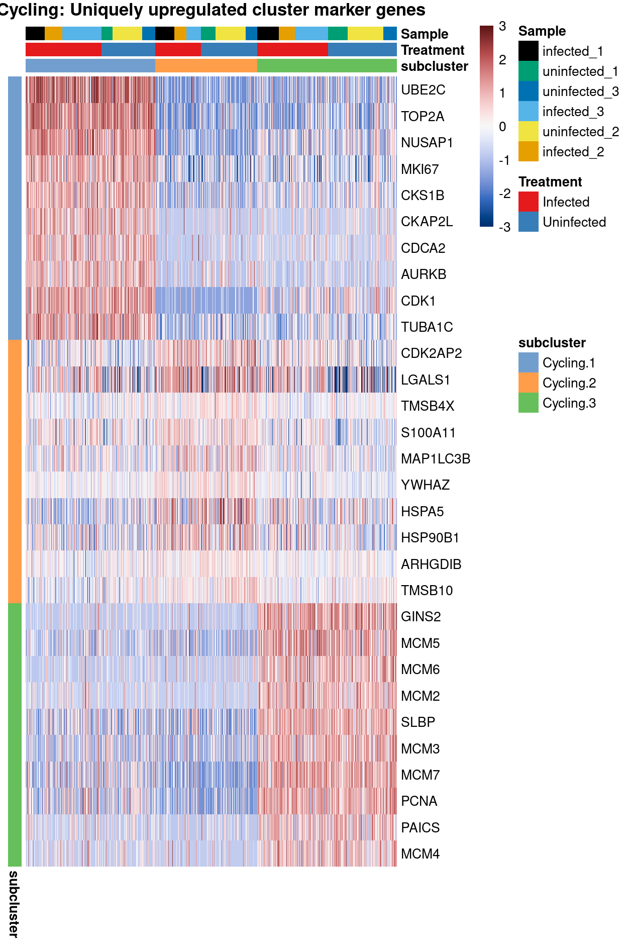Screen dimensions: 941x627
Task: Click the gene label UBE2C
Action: click(423, 90)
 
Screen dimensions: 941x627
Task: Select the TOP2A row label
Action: click(423, 117)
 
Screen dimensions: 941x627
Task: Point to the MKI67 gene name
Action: click(420, 169)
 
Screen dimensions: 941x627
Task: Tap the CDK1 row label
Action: click(418, 301)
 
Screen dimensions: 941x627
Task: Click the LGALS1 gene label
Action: click(426, 380)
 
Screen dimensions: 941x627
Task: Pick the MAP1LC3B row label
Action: click(436, 459)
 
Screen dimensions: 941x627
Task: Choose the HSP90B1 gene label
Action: click(430, 538)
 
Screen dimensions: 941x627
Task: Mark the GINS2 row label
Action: click(421, 617)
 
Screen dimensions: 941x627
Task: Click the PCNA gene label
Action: click(419, 801)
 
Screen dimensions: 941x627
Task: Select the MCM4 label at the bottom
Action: click(420, 854)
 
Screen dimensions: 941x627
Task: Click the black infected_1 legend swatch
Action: click(529, 51)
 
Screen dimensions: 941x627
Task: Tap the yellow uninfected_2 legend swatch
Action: click(529, 132)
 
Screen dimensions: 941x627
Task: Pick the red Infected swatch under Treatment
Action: click(529, 202)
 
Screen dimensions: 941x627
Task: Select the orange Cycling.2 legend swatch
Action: click(529, 383)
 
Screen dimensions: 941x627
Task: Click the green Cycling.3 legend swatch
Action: click(529, 403)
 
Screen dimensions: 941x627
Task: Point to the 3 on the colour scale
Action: click(502, 27)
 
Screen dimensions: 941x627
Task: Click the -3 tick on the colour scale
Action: click(504, 227)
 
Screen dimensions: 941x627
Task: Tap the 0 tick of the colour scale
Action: click(502, 127)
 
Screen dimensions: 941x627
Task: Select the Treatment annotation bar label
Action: click(433, 50)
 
